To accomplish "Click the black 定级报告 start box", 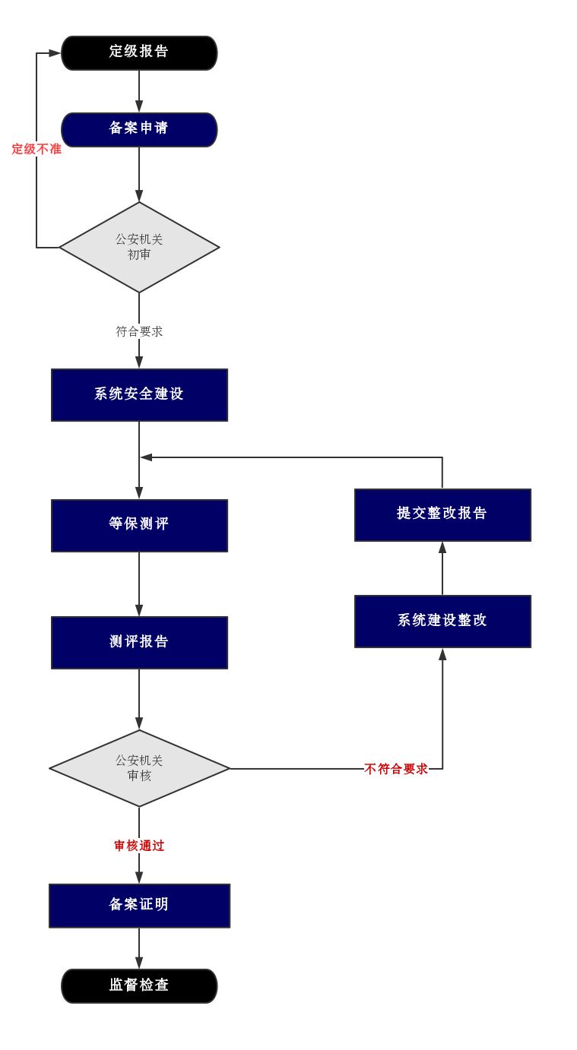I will coord(139,52).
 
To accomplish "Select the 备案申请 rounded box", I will coord(139,129).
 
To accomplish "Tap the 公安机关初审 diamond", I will coord(139,247).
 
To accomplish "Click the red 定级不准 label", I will coord(36,150).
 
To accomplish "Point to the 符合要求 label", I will coord(139,331).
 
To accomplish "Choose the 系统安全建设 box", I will coord(139,394).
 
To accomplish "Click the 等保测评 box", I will coord(139,525).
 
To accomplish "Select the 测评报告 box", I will coord(139,642).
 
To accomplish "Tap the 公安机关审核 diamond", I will coord(139,768).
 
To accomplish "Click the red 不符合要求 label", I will coord(396,769).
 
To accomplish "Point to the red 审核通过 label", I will coord(139,846).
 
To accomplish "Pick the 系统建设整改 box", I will coord(442,621).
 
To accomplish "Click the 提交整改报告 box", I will coord(442,514).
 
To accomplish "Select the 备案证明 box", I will coord(139,905).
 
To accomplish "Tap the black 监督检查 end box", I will coord(139,985).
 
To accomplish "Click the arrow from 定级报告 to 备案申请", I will coord(139,91).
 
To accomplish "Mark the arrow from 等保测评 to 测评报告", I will coord(139,584).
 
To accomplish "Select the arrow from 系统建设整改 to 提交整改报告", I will coord(442,568).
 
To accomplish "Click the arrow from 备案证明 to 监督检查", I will coord(139,948).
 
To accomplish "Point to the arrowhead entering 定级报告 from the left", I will coord(55,53).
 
